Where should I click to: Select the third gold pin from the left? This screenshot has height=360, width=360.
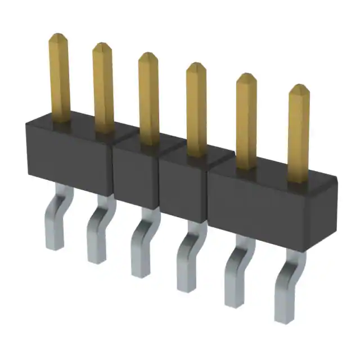(x=148, y=96)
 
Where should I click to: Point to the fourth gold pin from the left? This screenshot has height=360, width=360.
(x=196, y=107)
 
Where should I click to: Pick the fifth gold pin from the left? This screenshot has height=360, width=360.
(x=246, y=118)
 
